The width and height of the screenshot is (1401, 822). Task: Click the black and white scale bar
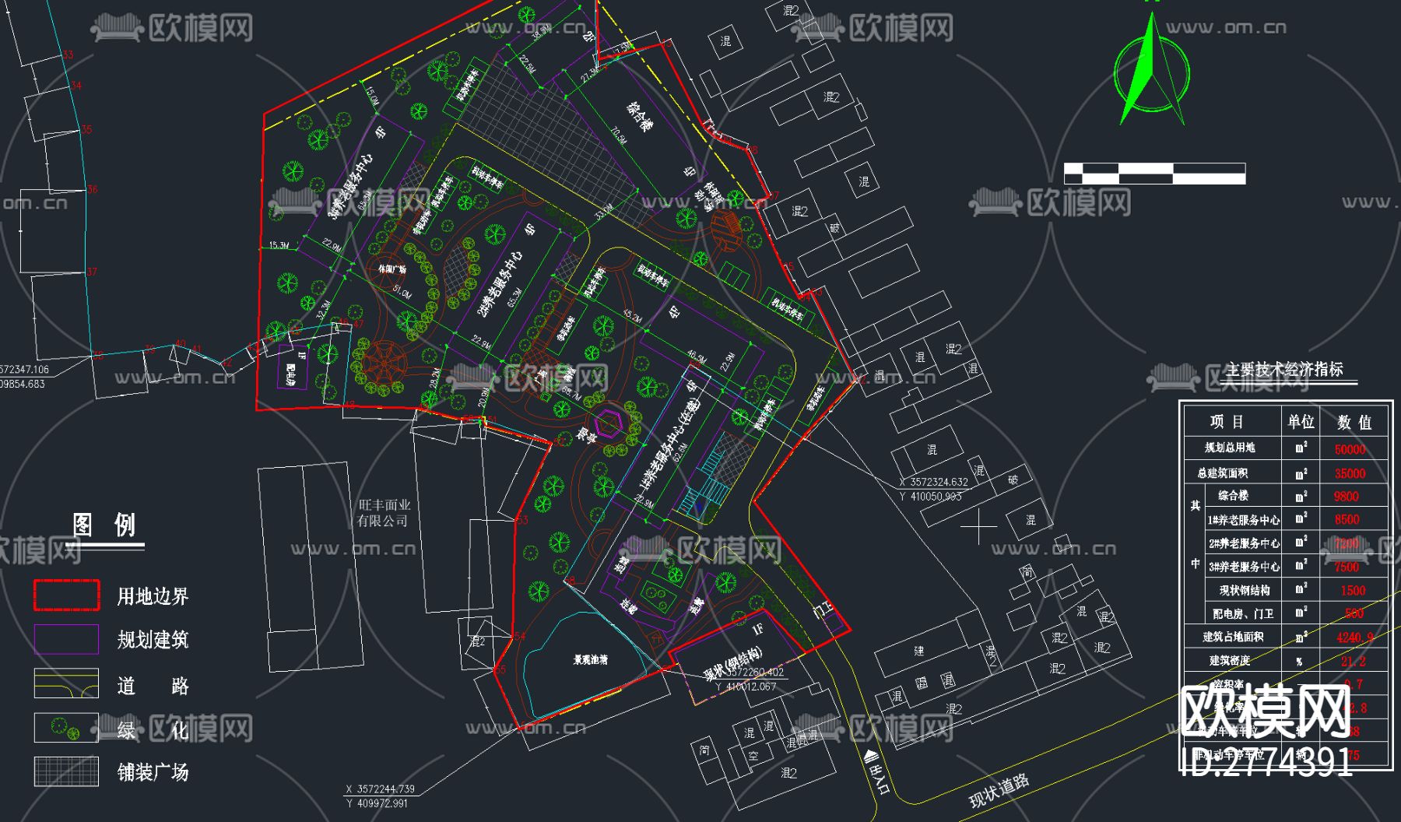pos(1154,174)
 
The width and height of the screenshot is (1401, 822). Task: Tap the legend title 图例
pos(104,525)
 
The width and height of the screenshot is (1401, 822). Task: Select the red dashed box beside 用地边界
pos(66,595)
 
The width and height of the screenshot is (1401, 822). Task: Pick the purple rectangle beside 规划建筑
pos(66,639)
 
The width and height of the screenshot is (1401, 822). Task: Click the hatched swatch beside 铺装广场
pos(66,771)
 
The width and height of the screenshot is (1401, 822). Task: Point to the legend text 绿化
pos(153,729)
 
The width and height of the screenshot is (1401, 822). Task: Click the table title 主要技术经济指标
pos(1284,370)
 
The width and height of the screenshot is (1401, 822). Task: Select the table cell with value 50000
pos(1350,449)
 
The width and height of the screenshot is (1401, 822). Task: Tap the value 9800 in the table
pos(1346,496)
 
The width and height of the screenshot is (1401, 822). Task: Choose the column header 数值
pos(1354,423)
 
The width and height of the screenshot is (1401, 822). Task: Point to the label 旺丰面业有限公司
pos(383,513)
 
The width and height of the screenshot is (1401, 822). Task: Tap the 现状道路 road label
pos(999,791)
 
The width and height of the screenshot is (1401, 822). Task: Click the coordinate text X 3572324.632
pos(933,482)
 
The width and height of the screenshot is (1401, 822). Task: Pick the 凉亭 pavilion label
pos(587,435)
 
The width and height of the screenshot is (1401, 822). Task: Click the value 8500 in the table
pos(1347,519)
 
